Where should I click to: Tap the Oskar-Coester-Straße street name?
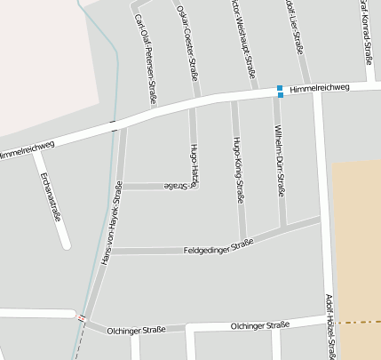tap(187, 44)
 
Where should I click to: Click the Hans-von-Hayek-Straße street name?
tap(109, 222)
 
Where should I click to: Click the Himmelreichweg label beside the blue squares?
tap(319, 87)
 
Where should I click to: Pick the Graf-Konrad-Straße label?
tap(366, 31)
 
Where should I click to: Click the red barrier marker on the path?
tap(82, 317)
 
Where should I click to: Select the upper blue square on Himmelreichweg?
tap(280, 87)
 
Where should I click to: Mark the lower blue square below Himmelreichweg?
tap(280, 94)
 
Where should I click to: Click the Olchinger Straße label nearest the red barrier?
tap(134, 330)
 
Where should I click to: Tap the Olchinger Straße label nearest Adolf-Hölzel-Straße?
tap(259, 325)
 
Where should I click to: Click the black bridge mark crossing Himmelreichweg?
tap(113, 125)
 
